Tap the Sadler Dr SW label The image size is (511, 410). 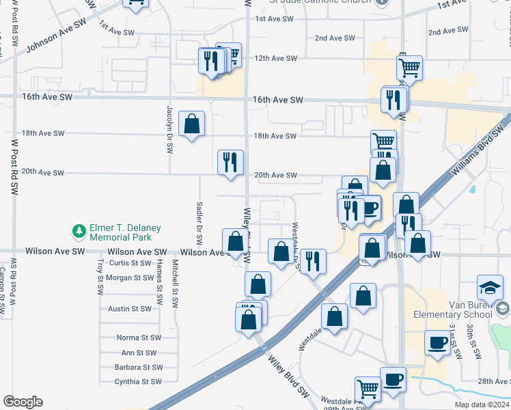(199, 222)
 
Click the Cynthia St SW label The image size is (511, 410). (138, 382)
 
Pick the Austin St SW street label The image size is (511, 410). (130, 309)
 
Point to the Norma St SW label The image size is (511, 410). (138, 338)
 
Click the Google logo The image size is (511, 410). (23, 402)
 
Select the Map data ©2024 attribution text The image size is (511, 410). (483, 405)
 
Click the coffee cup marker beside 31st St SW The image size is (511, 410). (437, 342)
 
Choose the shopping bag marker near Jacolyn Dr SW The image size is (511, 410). (192, 124)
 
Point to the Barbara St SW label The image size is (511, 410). (138, 367)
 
